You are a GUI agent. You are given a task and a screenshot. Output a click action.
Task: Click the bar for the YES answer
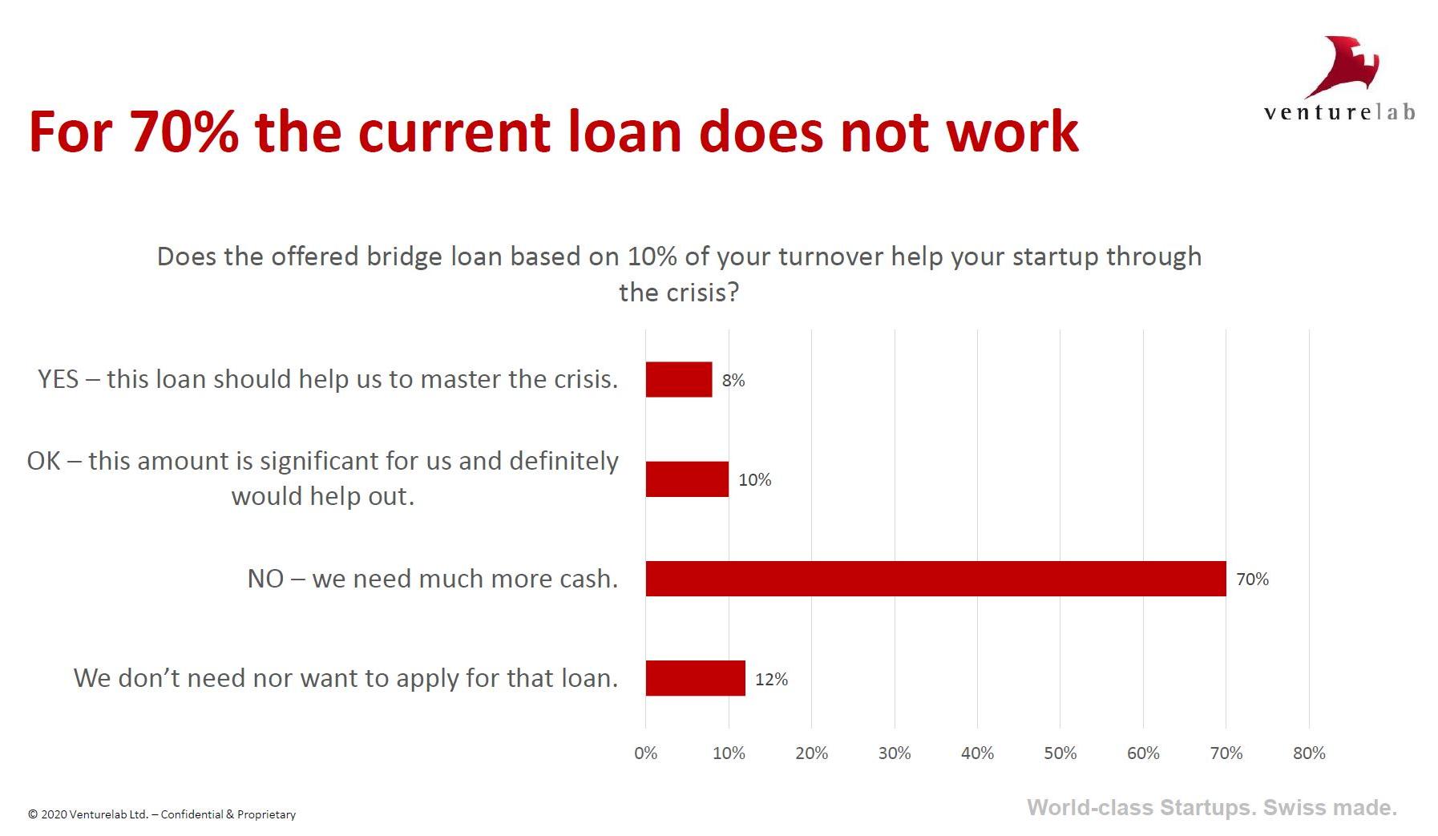click(679, 379)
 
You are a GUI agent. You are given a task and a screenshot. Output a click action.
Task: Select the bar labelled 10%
click(687, 479)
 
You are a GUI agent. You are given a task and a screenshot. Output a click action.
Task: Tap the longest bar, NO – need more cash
click(936, 579)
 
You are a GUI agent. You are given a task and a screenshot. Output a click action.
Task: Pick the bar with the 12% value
click(696, 678)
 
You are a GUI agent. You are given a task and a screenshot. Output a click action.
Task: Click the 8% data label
click(733, 381)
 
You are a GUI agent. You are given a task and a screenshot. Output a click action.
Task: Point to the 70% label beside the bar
click(1253, 580)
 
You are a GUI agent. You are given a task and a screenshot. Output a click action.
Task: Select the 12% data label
click(772, 680)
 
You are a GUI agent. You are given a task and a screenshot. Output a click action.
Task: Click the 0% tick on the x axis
click(646, 753)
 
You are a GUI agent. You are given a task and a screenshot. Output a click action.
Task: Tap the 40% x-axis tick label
click(977, 753)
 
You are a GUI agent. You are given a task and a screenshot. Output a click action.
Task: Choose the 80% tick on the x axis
click(1309, 753)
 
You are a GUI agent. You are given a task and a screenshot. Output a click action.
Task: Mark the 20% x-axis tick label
click(811, 753)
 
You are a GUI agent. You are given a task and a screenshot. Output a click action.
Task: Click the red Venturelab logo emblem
click(1343, 67)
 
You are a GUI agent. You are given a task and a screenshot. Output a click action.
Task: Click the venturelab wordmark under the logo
click(1339, 112)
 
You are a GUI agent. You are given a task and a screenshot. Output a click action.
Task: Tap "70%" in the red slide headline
click(184, 131)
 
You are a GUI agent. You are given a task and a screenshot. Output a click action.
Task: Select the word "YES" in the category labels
click(58, 379)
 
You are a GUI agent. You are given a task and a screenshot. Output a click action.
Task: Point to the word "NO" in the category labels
click(265, 579)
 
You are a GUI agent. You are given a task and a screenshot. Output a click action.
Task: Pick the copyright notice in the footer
click(162, 814)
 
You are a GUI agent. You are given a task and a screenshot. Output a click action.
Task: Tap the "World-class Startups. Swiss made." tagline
click(1212, 807)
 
